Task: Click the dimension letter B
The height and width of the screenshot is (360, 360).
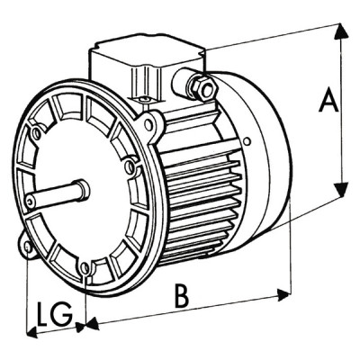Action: pyautogui.click(x=181, y=298)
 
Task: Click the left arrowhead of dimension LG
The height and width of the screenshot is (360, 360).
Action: pyautogui.click(x=32, y=332)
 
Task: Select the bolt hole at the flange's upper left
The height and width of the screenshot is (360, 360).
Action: pyautogui.click(x=36, y=134)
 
